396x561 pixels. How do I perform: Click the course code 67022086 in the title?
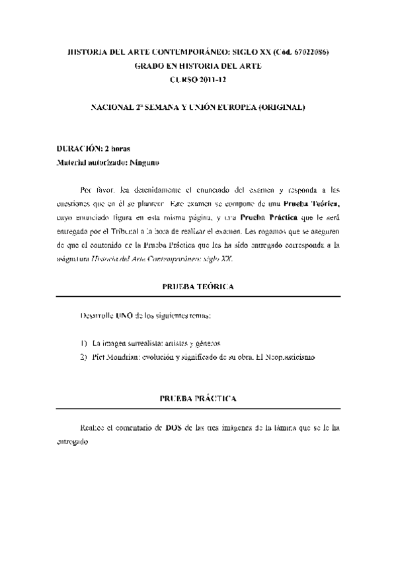tap(308, 52)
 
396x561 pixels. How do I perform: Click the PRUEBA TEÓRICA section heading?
tap(197, 286)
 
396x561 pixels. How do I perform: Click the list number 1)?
tap(83, 344)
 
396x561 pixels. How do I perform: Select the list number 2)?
tap(83, 357)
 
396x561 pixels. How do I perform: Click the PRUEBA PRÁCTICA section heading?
tap(198, 399)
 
